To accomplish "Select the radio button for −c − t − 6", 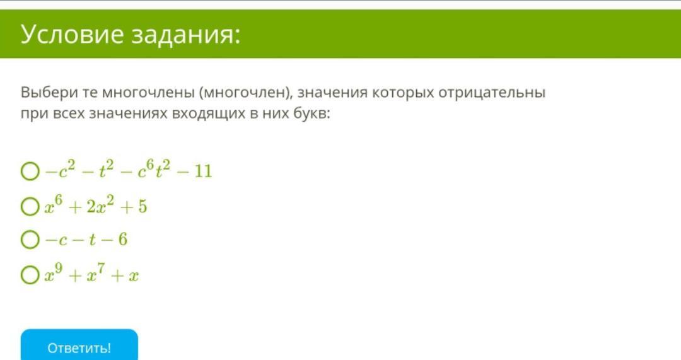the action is pos(30,240).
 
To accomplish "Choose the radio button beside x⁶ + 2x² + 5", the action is pos(30,207).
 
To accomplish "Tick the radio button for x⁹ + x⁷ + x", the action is pos(30,276).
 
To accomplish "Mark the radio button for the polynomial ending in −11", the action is pos(30,171).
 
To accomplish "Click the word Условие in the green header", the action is pos(72,34).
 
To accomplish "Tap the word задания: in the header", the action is pos(185,35).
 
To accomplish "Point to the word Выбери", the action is pos(49,93).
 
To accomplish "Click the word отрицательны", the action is pos(492,93).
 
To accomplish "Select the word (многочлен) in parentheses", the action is pos(245,93).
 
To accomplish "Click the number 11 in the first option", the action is pos(203,171).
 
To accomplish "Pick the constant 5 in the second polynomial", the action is pos(143,207).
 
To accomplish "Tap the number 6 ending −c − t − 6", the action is pos(122,240).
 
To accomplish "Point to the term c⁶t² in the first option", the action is pos(154,170).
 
